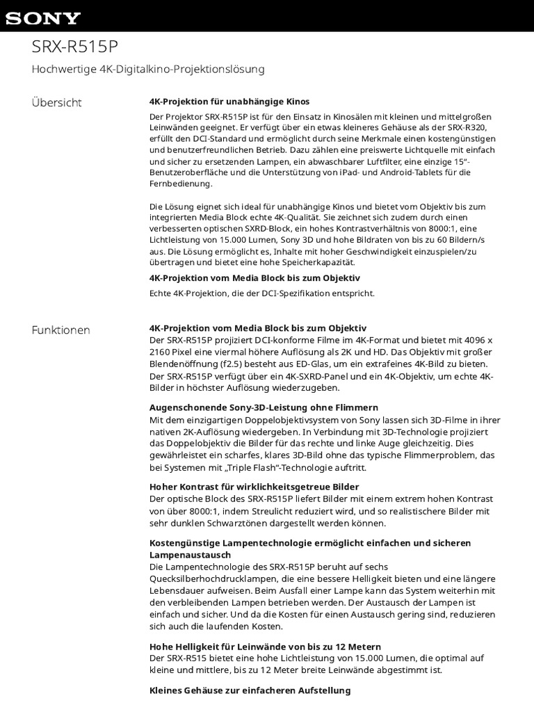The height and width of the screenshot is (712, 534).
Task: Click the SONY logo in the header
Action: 43,18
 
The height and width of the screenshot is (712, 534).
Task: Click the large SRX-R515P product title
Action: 76,46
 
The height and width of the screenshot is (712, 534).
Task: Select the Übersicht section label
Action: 56,103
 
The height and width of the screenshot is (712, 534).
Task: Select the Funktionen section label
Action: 61,330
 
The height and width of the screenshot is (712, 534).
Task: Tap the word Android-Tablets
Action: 394,172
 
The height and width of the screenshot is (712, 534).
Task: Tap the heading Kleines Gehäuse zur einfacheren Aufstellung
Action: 250,690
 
